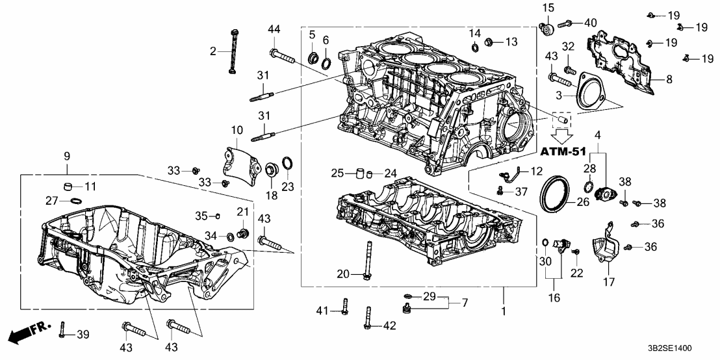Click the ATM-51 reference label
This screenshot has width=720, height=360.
coord(563,153)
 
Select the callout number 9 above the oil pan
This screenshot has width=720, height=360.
coord(66,156)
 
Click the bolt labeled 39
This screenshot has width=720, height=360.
coord(62,331)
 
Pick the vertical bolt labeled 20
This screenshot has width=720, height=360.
coord(368,260)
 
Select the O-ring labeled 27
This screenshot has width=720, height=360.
coord(75,201)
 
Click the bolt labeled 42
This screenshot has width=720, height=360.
coord(368,317)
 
